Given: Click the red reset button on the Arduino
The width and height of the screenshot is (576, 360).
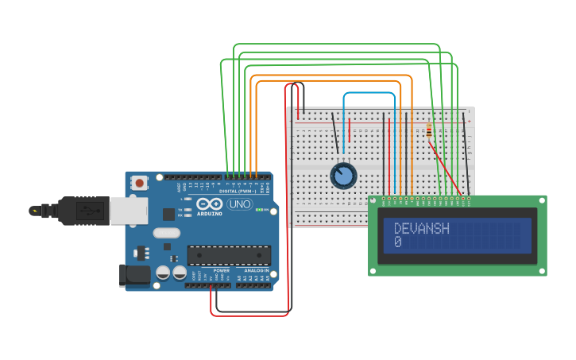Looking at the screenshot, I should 140,182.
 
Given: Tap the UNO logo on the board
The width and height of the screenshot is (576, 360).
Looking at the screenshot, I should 238,204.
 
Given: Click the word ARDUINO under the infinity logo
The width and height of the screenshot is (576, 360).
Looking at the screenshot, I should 209,214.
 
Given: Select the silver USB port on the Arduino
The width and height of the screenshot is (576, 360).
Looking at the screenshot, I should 127,211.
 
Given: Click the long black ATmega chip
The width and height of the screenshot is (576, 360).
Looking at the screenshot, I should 229,255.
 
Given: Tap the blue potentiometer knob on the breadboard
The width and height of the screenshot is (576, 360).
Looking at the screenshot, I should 343,176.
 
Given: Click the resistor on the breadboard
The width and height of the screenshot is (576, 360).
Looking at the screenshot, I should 430,130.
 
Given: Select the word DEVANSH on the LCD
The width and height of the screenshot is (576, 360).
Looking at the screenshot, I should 421,229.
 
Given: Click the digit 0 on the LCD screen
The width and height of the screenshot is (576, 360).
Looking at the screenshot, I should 397,242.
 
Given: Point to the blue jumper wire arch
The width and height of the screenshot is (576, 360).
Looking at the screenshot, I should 369,94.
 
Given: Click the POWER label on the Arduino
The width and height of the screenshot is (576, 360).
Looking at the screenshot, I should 221,270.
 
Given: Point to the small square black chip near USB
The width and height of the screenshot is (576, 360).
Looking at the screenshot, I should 168,214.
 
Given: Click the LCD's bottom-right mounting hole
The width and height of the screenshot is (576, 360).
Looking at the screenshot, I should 542,271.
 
